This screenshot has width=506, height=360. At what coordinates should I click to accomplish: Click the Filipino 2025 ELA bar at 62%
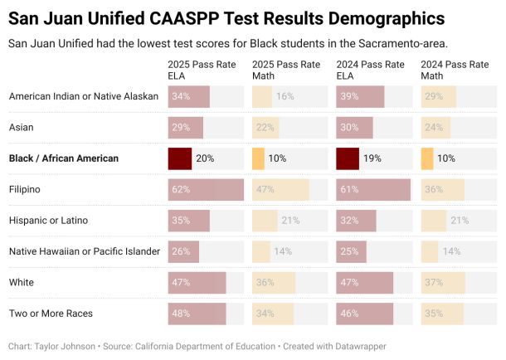(206, 190)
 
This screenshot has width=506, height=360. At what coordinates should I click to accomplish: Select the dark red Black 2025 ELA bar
(180, 158)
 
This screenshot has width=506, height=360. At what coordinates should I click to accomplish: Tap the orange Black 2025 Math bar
(258, 158)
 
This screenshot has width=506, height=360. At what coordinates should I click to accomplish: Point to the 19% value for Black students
(372, 158)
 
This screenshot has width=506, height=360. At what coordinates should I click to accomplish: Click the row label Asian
(22, 128)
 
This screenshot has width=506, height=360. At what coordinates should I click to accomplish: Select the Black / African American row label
(63, 158)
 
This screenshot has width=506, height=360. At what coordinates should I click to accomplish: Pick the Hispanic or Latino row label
(48, 221)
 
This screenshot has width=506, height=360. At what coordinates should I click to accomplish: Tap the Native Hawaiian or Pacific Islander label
(84, 251)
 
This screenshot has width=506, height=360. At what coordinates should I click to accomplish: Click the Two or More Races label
(51, 314)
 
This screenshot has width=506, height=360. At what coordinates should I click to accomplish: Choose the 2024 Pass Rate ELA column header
(365, 69)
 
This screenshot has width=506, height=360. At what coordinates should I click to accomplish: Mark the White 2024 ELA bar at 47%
(365, 283)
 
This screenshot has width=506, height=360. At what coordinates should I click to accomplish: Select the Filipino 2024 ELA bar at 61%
(373, 190)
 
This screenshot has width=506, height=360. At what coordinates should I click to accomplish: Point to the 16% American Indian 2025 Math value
(285, 96)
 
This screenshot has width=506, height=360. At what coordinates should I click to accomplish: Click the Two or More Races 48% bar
(197, 314)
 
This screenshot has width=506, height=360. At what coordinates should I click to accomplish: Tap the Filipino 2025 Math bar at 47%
(280, 190)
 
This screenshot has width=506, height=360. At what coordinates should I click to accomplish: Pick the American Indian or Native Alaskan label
(83, 96)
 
